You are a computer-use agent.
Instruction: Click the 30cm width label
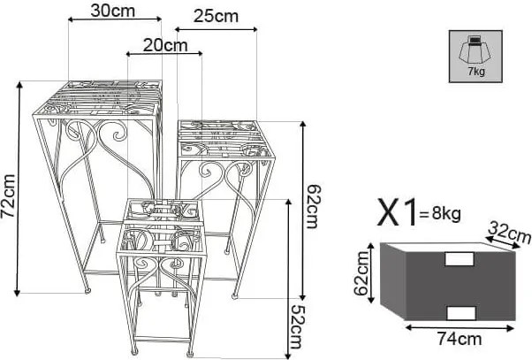[x=112, y=11]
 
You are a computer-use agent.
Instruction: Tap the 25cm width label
[x=216, y=16]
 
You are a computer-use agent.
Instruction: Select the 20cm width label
[x=165, y=45]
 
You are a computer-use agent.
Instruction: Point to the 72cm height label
[x=8, y=196]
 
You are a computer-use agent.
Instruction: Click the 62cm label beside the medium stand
[x=313, y=206]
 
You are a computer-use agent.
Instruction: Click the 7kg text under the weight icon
[x=476, y=72]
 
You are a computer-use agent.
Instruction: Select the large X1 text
[x=397, y=213]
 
